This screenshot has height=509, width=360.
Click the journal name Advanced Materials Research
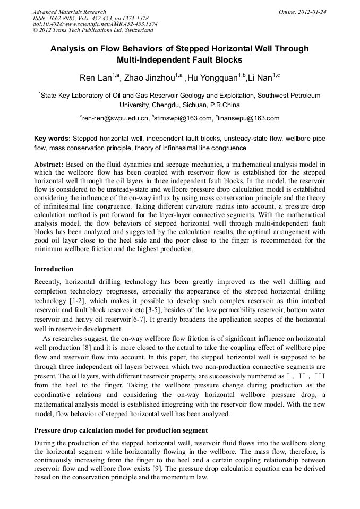pos(69,12)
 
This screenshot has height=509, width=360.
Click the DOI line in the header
pos(95,24)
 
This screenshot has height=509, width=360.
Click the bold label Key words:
pos(52,138)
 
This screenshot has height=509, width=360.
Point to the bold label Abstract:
pos(49,165)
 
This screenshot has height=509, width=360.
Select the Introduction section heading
pos(54,269)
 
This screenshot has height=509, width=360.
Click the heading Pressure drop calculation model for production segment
pos(121,429)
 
